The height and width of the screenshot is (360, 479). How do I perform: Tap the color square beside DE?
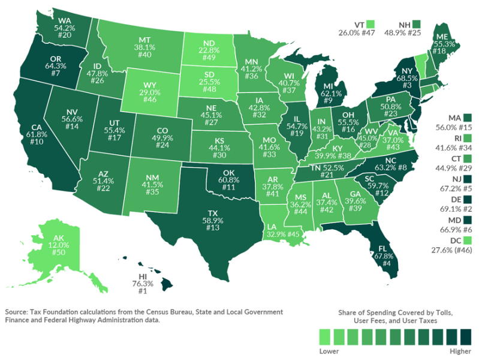pos(468,199)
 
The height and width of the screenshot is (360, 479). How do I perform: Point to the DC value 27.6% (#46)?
pos(451,250)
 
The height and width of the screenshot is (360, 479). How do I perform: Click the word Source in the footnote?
pos(18,313)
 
